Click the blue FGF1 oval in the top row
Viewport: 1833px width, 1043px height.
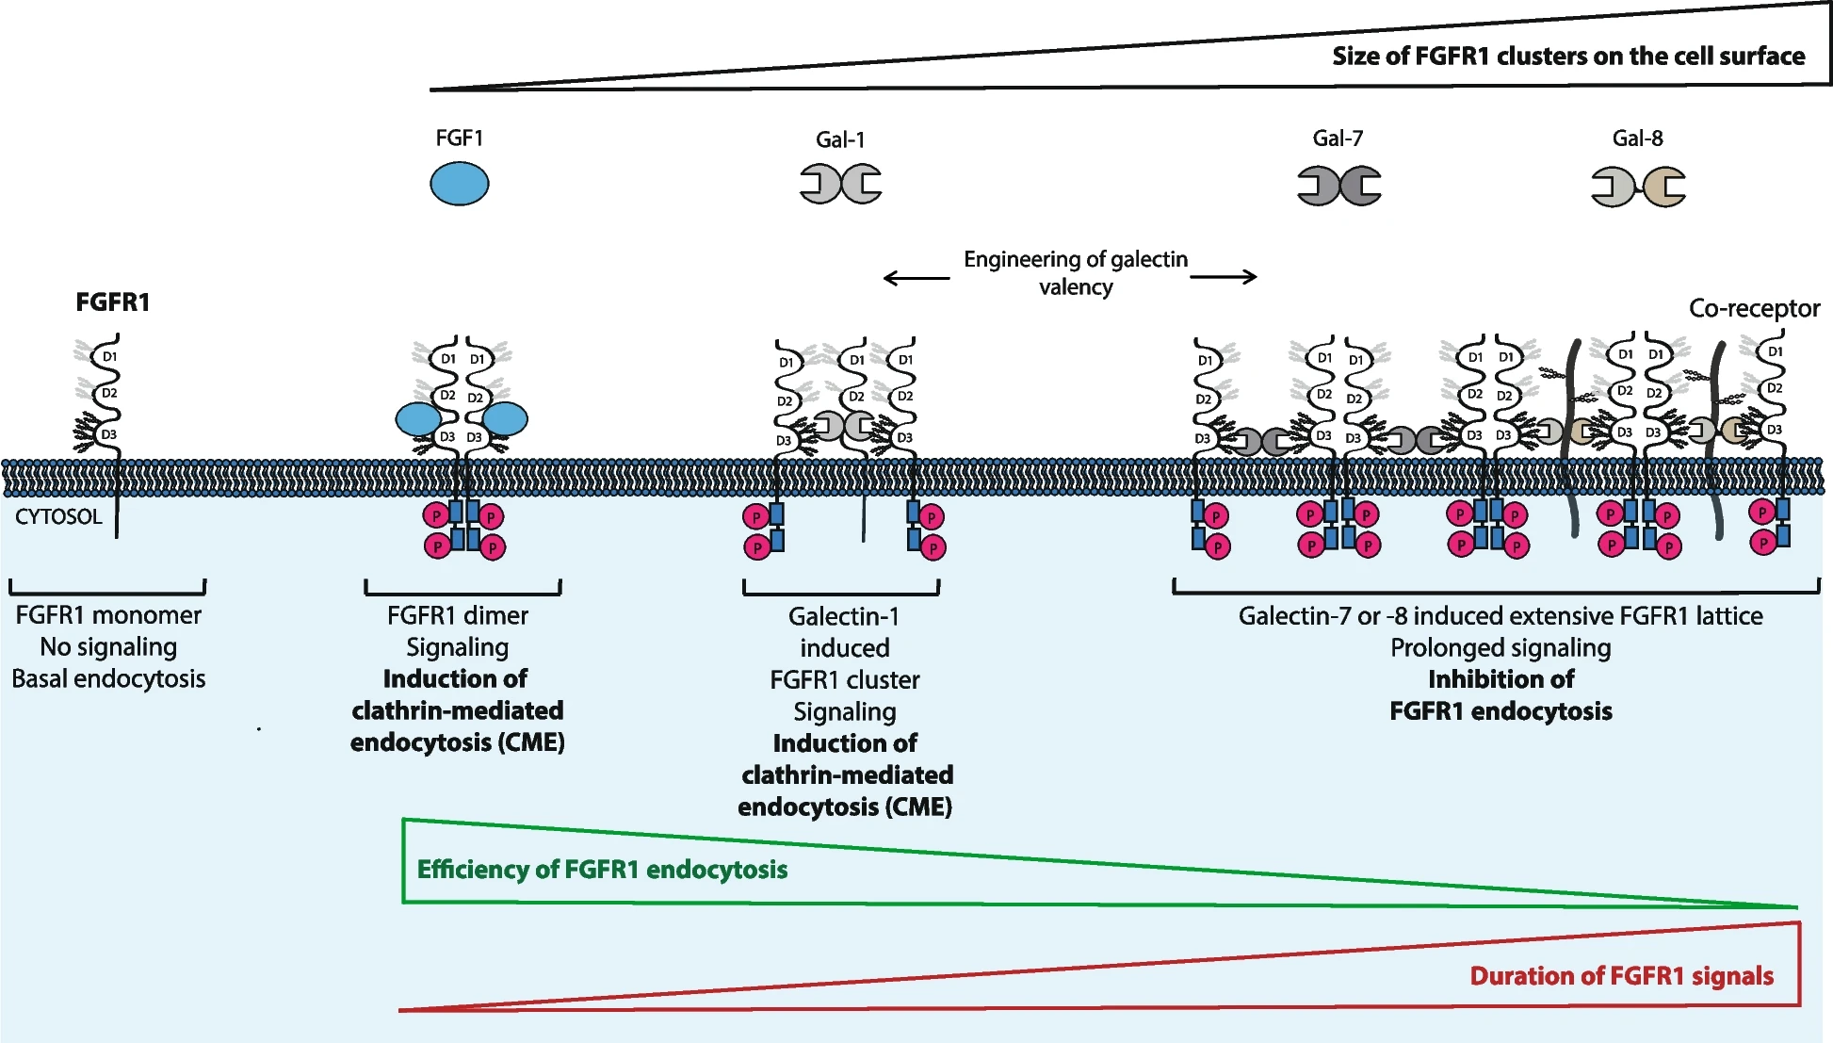point(460,183)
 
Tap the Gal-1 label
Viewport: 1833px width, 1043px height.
point(840,139)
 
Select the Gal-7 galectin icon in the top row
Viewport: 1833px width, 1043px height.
point(1339,186)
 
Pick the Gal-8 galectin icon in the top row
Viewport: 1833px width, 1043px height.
point(1638,187)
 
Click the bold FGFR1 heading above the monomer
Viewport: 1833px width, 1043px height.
point(113,302)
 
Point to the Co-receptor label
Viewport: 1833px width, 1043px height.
point(1754,308)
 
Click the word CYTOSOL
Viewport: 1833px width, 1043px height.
point(58,516)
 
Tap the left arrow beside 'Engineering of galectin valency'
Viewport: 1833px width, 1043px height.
point(916,277)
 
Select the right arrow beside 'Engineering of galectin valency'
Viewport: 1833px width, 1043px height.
point(1224,276)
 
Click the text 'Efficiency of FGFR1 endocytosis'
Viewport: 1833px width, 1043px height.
point(602,869)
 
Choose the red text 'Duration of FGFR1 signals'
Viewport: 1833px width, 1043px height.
point(1622,975)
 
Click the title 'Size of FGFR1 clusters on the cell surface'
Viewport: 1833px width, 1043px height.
point(1568,56)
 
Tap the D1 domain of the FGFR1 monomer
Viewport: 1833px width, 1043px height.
point(110,357)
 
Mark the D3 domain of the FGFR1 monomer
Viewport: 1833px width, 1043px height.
point(109,434)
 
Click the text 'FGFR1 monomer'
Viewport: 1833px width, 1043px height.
point(108,615)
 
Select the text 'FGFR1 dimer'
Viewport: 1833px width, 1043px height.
point(458,615)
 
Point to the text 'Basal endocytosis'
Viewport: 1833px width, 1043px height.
point(108,678)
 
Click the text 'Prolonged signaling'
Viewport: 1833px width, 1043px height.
point(1500,648)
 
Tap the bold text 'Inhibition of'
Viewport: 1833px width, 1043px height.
point(1500,679)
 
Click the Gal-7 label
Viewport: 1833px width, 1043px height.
point(1338,139)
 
